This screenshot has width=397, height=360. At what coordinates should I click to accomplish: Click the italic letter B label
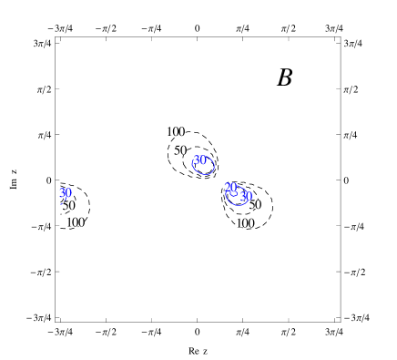coord(284,77)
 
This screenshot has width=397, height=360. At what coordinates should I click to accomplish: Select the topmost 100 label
coord(175,132)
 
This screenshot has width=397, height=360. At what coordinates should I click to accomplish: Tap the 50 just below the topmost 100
coord(180,150)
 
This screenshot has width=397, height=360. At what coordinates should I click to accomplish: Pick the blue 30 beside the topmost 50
coord(199,160)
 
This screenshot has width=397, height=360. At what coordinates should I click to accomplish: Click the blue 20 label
coord(231,188)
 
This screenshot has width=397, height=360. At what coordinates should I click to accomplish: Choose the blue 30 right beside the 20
coord(246,196)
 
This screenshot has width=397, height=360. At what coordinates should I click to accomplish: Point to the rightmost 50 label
coord(255,205)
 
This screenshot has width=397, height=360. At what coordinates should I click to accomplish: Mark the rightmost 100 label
coord(244,223)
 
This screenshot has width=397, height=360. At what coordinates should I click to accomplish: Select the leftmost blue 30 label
coord(65,193)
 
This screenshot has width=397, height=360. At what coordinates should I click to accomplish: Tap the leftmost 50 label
coord(68,206)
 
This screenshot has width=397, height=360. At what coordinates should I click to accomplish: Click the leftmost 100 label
coord(75,222)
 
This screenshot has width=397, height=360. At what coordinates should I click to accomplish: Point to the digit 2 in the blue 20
coord(228,188)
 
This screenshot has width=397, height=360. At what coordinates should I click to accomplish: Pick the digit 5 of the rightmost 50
coord(252,205)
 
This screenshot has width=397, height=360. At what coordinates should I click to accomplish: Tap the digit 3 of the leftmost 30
coord(62,193)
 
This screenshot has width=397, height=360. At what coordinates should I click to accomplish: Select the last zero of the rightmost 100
coord(250,223)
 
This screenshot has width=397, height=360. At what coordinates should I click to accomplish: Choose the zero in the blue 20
coord(234,188)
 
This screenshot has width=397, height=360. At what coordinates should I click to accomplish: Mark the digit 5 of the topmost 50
coord(178,150)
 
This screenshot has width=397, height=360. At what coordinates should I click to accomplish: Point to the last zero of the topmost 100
coord(181,132)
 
